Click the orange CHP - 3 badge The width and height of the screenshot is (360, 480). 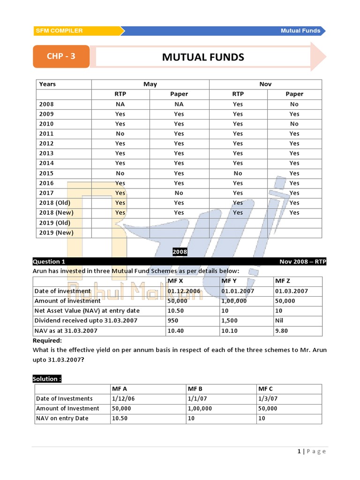click(x=61, y=57)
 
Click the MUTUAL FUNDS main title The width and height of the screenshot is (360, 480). click(x=203, y=57)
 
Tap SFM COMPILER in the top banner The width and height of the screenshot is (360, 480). click(x=59, y=31)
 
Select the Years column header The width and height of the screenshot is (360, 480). click(x=47, y=84)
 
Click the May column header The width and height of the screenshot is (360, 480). click(x=150, y=84)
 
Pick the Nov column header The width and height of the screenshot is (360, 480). click(x=265, y=84)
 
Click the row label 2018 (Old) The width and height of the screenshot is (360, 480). click(x=55, y=203)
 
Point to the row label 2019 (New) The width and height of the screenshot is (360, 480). click(x=56, y=232)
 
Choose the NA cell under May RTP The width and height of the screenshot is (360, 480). click(x=120, y=104)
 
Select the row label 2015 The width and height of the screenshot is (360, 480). click(x=46, y=173)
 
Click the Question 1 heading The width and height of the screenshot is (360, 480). click(x=49, y=262)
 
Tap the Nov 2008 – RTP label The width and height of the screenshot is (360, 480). click(x=303, y=262)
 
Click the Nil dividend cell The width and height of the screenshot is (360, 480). click(x=279, y=321)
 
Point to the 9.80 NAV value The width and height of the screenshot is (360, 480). click(x=282, y=331)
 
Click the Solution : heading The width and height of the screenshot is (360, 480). click(x=47, y=379)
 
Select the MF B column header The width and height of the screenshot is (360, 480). click(x=195, y=389)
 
